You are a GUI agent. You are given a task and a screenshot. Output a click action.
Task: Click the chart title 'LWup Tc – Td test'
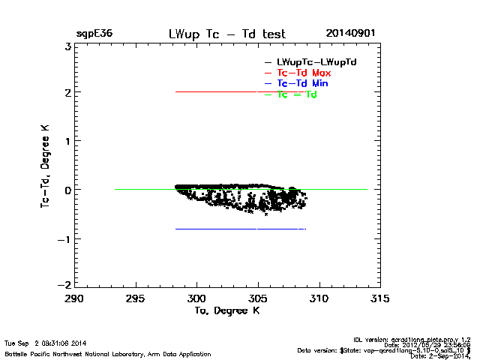click(x=227, y=34)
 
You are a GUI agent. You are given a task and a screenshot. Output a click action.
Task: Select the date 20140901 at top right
click(x=350, y=34)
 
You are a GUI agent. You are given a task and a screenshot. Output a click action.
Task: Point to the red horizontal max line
click(x=225, y=92)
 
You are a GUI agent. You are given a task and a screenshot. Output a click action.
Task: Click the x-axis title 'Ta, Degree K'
click(x=226, y=310)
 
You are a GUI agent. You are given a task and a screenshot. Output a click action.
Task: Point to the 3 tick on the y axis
click(x=67, y=46)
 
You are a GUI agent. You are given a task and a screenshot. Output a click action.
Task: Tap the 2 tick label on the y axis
click(x=67, y=93)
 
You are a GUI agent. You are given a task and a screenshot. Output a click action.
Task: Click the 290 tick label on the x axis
click(x=74, y=298)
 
